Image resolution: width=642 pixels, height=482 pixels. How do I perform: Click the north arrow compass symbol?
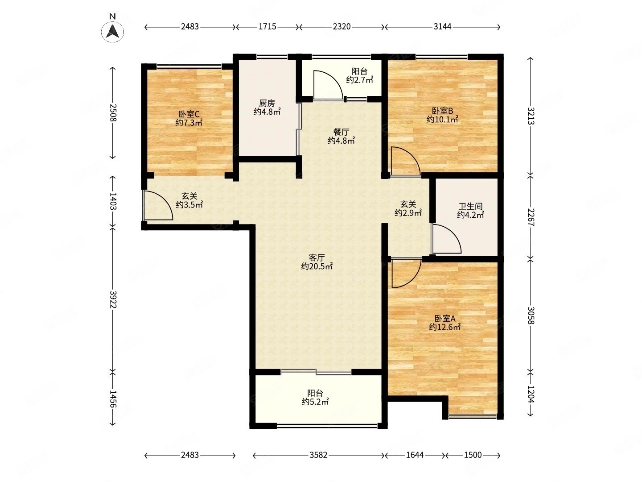pos(112,31)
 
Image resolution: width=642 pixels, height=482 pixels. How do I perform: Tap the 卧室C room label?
pos(189,114)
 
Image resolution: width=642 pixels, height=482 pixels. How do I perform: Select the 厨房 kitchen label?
pos(267,103)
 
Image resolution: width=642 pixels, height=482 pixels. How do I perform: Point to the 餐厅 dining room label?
pos(341,132)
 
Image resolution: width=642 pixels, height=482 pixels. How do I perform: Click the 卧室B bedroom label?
pos(442,111)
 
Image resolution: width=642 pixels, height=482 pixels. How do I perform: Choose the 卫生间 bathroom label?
pos(470,206)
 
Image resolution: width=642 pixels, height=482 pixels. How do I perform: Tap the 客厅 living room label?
pos(317,258)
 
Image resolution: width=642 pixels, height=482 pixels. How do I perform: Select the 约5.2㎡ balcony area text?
pos(315,402)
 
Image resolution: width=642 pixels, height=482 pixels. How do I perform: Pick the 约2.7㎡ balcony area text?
pos(359,79)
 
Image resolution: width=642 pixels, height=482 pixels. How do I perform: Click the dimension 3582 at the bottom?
pos(318,455)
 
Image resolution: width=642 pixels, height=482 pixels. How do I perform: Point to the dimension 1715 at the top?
pos(267,27)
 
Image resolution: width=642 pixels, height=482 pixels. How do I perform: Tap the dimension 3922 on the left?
pos(113,299)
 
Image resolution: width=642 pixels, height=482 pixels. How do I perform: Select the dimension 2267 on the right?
pos(531,217)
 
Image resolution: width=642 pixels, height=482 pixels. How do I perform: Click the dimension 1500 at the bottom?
pos(473,455)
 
